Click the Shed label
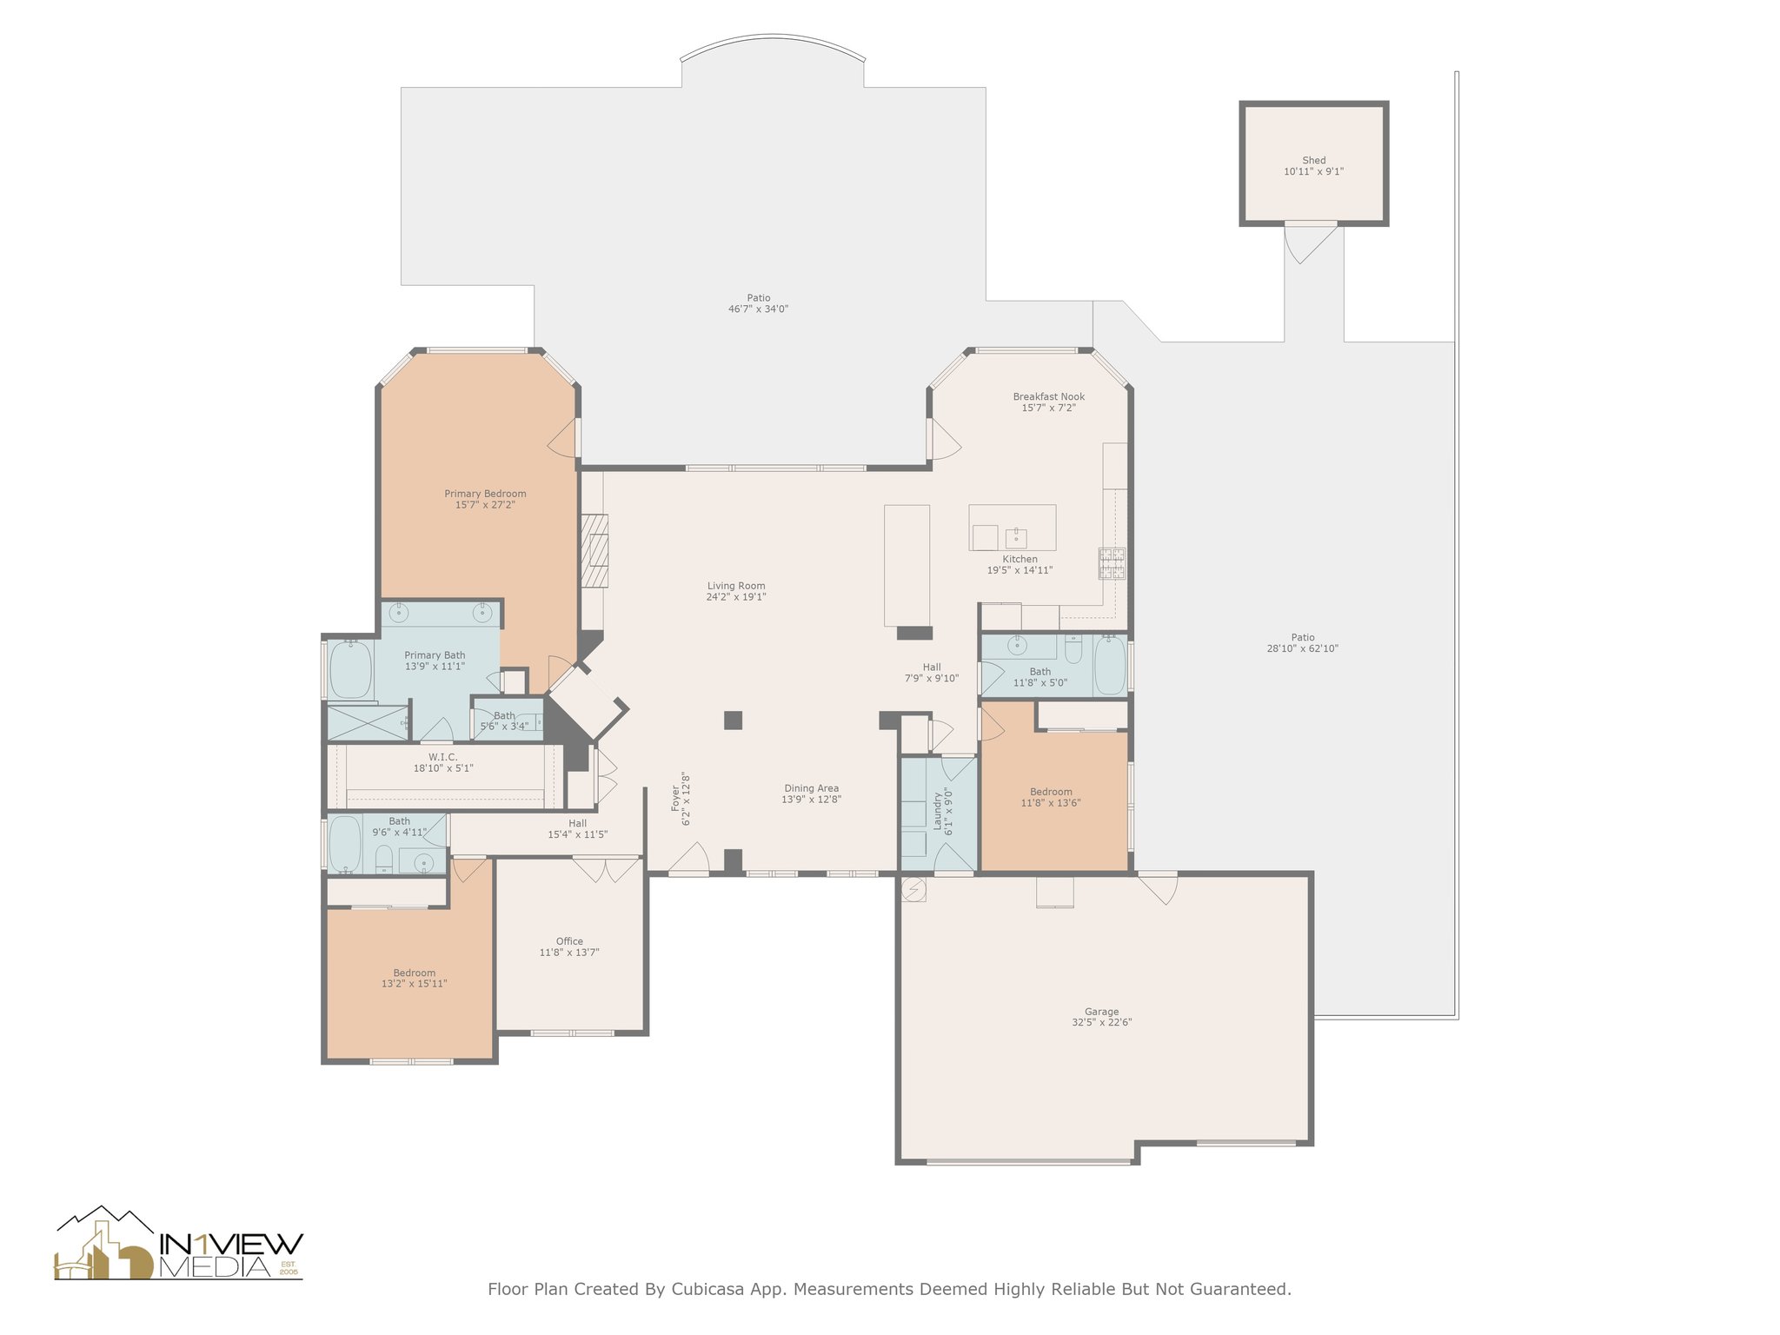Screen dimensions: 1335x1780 (1313, 160)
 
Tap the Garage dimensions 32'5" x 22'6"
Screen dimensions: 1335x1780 (1101, 1023)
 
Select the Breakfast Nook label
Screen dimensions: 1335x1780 (1048, 396)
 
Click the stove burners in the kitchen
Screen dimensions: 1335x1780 (1112, 563)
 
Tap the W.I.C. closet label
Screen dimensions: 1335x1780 (442, 757)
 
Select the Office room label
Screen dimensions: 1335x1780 (569, 941)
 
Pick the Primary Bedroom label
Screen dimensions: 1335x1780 (485, 494)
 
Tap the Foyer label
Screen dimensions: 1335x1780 (675, 799)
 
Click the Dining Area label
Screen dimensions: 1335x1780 (810, 788)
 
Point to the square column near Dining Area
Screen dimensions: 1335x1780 (733, 720)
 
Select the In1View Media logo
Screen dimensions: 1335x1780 (179, 1245)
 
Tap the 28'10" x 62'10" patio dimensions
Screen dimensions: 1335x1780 (1302, 648)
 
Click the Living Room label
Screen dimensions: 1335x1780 (735, 586)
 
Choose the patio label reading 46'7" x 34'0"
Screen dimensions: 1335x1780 (758, 309)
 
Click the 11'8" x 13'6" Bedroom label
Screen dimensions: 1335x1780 (1050, 792)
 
